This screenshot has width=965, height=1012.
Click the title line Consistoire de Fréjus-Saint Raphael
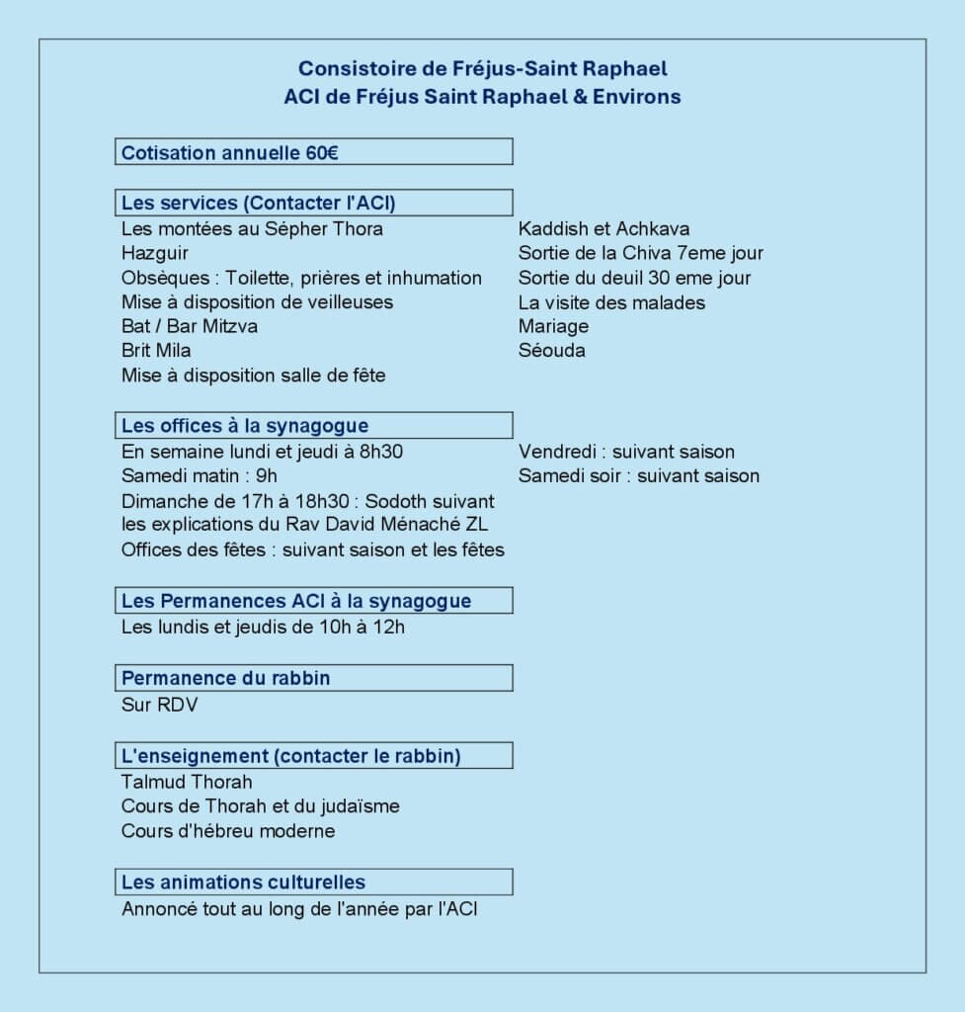click(482, 68)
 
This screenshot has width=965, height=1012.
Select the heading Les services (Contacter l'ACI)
click(258, 204)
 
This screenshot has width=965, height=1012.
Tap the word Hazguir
click(155, 253)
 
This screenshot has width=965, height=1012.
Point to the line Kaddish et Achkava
click(603, 229)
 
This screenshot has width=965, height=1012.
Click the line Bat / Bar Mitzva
click(190, 326)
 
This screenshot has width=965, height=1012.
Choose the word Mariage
click(553, 326)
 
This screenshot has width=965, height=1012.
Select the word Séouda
click(551, 351)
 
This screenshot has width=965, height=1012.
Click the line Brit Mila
click(156, 351)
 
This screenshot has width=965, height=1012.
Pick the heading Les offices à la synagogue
click(244, 426)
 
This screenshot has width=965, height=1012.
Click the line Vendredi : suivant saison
click(626, 453)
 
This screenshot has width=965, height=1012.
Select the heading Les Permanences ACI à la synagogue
click(295, 601)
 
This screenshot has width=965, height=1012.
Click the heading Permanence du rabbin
click(225, 678)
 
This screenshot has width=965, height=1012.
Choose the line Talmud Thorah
click(187, 783)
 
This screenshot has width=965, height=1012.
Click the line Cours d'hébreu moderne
click(228, 831)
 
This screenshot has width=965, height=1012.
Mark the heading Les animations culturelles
click(243, 883)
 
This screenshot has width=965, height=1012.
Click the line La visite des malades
click(611, 302)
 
